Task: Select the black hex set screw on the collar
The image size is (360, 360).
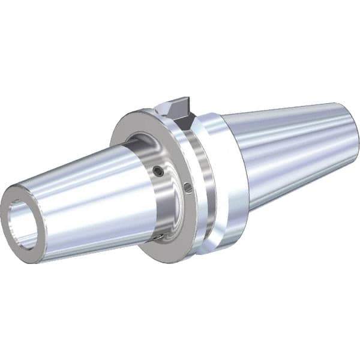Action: click(157, 172)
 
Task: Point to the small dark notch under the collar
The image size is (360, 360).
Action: click(157, 238)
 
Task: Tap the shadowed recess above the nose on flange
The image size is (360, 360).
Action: click(135, 144)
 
